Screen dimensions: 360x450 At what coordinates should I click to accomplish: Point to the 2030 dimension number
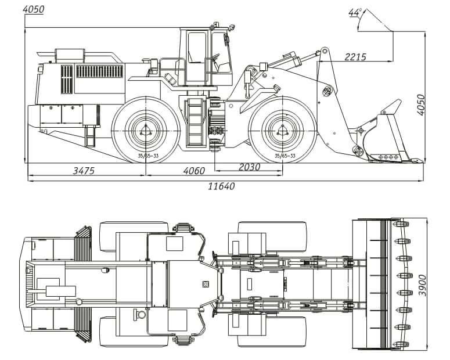click(x=249, y=167)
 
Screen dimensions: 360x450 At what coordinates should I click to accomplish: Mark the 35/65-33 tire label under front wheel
click(x=285, y=156)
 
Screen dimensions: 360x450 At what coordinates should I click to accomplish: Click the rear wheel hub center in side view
click(x=145, y=131)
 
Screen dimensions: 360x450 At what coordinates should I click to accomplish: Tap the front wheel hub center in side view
click(x=282, y=131)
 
